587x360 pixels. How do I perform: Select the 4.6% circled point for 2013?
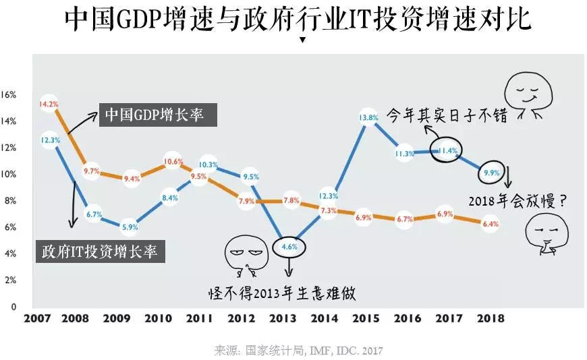[289, 247]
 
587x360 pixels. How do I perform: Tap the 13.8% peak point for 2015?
[367, 117]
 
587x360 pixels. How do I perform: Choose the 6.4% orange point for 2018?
[489, 224]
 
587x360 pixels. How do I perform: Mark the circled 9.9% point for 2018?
[490, 173]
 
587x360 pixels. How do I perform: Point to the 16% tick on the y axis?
[9, 94]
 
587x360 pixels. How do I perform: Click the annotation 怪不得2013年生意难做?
[281, 294]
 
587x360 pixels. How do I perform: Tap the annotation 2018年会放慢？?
[518, 200]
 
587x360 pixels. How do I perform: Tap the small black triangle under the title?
[302, 40]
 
